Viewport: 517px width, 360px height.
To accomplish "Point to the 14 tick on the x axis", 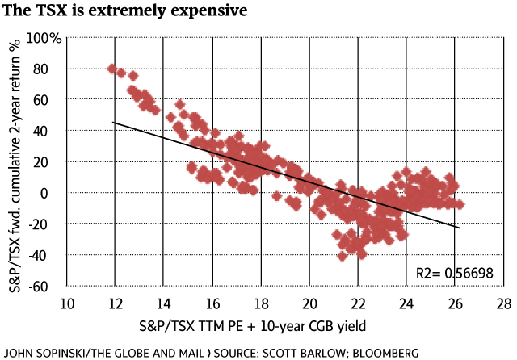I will (x=164, y=303).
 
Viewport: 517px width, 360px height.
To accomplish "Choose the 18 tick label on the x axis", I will (x=261, y=303).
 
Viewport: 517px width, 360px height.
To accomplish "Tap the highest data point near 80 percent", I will (x=112, y=69).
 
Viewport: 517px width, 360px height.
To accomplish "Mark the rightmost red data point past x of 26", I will (x=460, y=204).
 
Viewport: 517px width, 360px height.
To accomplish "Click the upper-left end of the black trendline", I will (x=113, y=122).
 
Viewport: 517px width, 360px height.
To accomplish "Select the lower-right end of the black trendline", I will (x=460, y=228).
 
